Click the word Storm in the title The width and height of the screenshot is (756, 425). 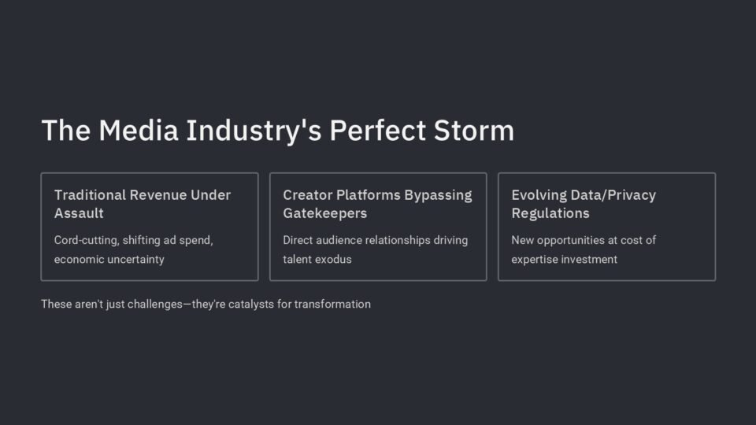(474, 130)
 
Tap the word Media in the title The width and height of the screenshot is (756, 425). (139, 130)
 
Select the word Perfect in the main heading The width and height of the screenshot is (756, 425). (377, 130)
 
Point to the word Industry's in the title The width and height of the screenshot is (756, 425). (254, 131)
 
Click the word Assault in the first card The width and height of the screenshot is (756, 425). (79, 213)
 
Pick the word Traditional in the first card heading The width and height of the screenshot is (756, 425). (90, 194)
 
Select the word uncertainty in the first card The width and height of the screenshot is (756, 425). (136, 259)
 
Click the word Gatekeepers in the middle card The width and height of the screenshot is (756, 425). (325, 213)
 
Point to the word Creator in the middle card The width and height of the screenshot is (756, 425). (307, 194)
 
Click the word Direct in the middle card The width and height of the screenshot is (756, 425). (298, 240)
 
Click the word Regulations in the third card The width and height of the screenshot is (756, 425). (550, 214)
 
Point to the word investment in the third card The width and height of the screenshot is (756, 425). (590, 259)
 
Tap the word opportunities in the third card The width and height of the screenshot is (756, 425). (572, 241)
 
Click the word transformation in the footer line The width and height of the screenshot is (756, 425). (332, 304)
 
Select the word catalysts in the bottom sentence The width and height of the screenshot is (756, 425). (250, 305)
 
